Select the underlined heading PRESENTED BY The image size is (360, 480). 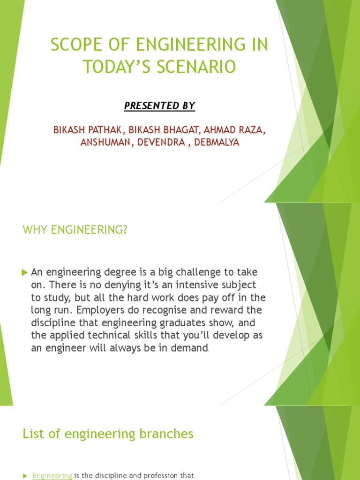coord(159,106)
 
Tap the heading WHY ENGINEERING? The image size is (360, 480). coord(75,230)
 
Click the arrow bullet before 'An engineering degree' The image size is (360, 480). coord(25,272)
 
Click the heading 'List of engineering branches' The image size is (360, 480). coord(108,434)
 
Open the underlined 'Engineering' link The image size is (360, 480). coord(52,475)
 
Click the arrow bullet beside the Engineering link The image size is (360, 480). coord(25,476)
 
